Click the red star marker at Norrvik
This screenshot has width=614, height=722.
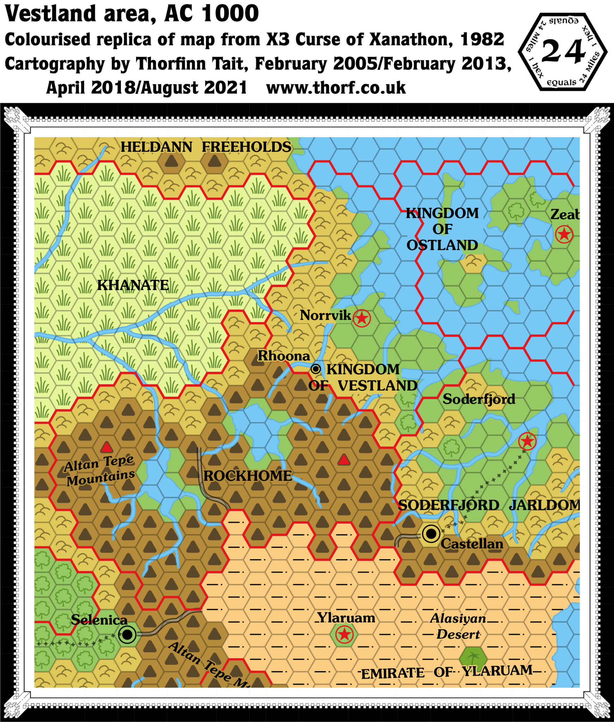click(x=361, y=318)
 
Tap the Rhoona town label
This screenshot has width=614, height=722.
click(x=284, y=356)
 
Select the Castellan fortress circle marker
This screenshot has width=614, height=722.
click(x=431, y=534)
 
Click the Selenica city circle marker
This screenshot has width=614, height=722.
click(x=127, y=635)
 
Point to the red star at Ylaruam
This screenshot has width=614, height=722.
click(x=344, y=635)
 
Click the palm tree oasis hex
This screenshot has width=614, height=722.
click(x=473, y=658)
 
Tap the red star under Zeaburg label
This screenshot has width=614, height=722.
click(x=564, y=234)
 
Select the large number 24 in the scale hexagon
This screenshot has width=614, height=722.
click(x=563, y=52)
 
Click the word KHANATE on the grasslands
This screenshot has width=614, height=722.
click(x=133, y=285)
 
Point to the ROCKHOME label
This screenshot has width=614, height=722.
click(x=248, y=476)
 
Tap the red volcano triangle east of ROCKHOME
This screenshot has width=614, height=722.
click(x=344, y=460)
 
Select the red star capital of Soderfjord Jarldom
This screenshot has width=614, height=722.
click(x=527, y=441)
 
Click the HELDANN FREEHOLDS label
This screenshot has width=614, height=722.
click(x=206, y=147)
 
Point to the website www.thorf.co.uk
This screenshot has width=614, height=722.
click(x=336, y=88)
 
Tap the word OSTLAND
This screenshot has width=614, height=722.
click(x=442, y=245)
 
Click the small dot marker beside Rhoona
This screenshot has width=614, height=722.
click(x=316, y=369)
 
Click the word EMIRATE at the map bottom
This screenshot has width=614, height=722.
click(x=393, y=674)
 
